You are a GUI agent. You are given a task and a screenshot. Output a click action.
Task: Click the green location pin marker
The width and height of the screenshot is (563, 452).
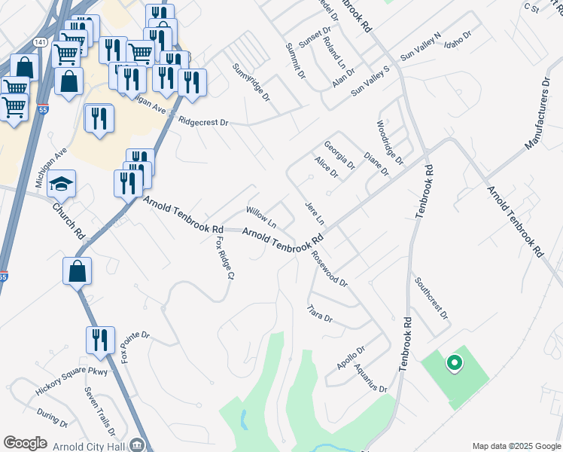[454, 363]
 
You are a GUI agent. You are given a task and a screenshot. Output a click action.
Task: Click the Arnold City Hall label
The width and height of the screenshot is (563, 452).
[91, 445]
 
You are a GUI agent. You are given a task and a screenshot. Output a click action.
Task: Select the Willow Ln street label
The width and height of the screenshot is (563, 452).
[262, 217]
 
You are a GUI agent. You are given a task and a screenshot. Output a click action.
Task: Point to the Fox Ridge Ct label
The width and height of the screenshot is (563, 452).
[222, 258]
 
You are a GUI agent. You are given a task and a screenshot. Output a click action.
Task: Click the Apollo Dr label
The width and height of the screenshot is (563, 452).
[351, 360]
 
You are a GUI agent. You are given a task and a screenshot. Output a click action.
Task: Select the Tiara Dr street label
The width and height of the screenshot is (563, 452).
[320, 313]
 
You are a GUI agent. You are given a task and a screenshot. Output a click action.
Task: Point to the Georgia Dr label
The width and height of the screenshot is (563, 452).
[339, 154]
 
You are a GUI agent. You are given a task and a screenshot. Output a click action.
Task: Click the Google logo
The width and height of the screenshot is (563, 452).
[25, 443]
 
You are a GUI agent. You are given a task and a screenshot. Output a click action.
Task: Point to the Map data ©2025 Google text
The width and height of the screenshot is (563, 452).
[516, 446]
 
